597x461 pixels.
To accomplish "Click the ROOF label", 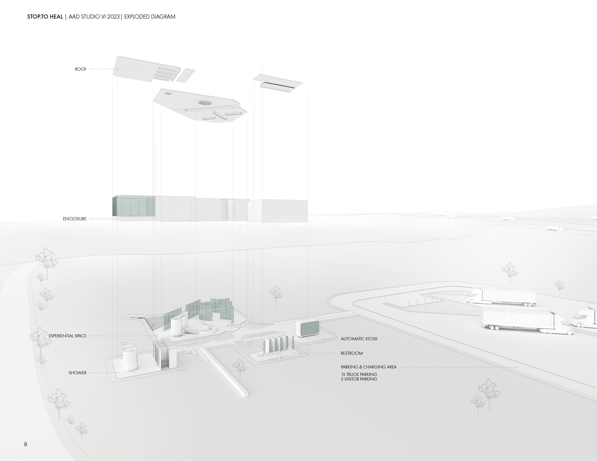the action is pos(81,69).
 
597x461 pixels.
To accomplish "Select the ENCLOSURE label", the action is pos(75,219).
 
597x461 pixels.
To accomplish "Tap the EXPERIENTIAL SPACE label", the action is pos(68,336).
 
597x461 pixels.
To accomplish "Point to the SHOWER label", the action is pos(77,373).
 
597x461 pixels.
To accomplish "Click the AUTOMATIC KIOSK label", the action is pos(359,339).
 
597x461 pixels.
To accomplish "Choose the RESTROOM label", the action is pos(352,353).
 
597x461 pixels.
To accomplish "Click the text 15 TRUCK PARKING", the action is pos(359,374).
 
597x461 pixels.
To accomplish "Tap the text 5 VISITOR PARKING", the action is pos(359,379).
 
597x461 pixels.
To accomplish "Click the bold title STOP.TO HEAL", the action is pos(45,17).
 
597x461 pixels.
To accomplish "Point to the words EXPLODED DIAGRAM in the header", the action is pos(150,17).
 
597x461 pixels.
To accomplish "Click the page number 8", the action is pos(26,444).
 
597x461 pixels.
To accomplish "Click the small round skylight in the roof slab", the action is pos(168,94).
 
